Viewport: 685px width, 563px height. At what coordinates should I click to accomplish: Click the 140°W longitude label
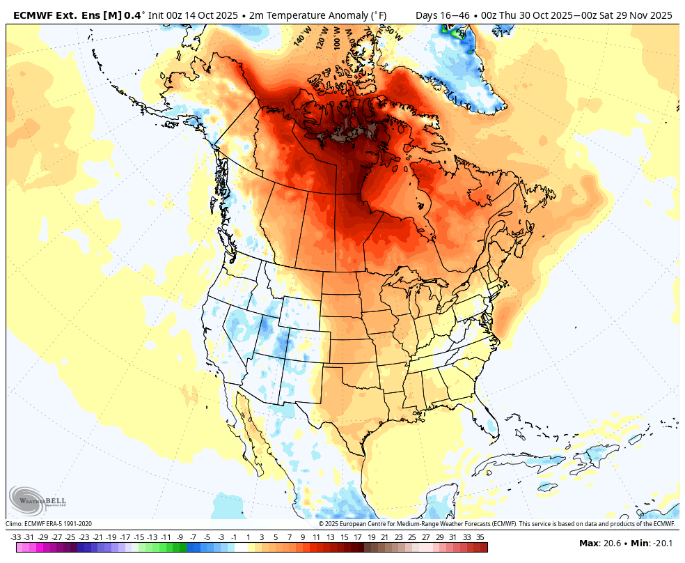pyautogui.click(x=301, y=37)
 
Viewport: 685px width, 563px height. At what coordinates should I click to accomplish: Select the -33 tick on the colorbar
pyautogui.click(x=16, y=537)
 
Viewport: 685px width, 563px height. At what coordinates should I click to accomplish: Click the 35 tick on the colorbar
pyautogui.click(x=480, y=537)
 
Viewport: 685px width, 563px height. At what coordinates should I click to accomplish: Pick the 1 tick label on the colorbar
pyautogui.click(x=248, y=537)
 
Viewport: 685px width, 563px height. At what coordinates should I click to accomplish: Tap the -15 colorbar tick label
pyautogui.click(x=139, y=537)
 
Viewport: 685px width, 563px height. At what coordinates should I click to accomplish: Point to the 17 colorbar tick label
pyautogui.click(x=357, y=537)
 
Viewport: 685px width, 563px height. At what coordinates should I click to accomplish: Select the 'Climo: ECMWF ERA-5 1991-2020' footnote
pyautogui.click(x=49, y=524)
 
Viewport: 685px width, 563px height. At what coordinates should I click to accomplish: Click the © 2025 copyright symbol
pyautogui.click(x=322, y=524)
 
